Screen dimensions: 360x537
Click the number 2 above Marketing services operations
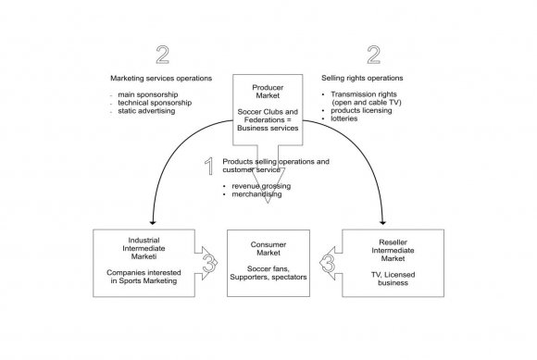click(163, 55)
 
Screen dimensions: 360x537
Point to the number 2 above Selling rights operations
click(373, 55)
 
